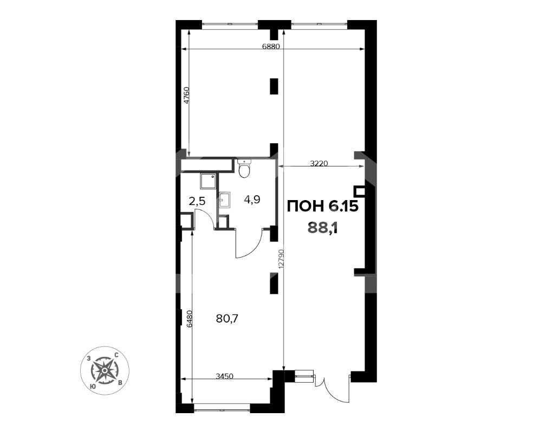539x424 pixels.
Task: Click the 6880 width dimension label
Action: pyautogui.click(x=271, y=47)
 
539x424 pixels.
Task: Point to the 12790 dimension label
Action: pyautogui.click(x=281, y=259)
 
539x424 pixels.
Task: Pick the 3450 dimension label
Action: pyautogui.click(x=224, y=376)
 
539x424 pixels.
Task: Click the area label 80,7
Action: pyautogui.click(x=227, y=319)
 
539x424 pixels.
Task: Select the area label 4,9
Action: pyautogui.click(x=252, y=200)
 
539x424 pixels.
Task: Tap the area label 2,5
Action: pyautogui.click(x=197, y=201)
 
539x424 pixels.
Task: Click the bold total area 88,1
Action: pyautogui.click(x=323, y=227)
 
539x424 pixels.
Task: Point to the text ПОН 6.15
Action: pyautogui.click(x=322, y=207)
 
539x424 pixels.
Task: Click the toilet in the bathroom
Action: pyautogui.click(x=244, y=169)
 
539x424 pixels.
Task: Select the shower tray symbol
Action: pyautogui.click(x=209, y=182)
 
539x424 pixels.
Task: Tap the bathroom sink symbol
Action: pyautogui.click(x=224, y=200)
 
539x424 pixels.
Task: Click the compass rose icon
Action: pyautogui.click(x=105, y=370)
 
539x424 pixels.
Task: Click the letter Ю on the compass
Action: pyautogui.click(x=92, y=387)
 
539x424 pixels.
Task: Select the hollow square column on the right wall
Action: pyautogui.click(x=360, y=192)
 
